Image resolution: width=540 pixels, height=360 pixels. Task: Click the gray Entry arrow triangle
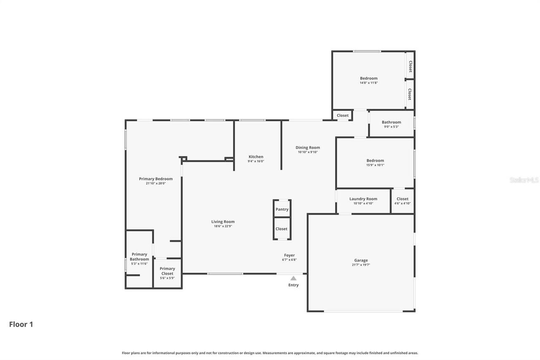(x=293, y=278)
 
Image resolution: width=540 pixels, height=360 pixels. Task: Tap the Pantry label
(x=282, y=209)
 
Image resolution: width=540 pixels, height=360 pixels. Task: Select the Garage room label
(x=361, y=260)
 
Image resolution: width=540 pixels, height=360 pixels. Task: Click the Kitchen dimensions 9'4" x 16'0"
(x=256, y=161)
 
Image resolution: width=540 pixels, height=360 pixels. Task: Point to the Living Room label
(x=223, y=222)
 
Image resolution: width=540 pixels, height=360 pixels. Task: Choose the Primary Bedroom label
(x=156, y=179)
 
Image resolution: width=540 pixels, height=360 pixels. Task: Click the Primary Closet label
(x=167, y=271)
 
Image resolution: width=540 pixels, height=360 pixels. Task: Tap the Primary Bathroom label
(x=139, y=257)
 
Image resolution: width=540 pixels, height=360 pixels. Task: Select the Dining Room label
(x=308, y=148)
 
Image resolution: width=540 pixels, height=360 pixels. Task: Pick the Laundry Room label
(x=363, y=199)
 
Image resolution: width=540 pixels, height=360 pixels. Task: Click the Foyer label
(x=289, y=255)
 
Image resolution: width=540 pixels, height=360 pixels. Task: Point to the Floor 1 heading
(x=21, y=325)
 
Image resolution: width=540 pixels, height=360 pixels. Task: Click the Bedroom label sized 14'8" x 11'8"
(x=369, y=78)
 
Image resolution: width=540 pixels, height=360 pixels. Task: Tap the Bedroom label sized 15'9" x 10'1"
(x=375, y=160)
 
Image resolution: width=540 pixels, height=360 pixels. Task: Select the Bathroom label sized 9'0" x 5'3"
(x=391, y=122)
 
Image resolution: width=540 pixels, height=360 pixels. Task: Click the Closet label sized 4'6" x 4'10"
(x=402, y=199)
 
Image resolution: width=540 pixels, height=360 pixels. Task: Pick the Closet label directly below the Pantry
(x=281, y=229)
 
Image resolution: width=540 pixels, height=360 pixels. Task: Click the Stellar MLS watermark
(x=524, y=180)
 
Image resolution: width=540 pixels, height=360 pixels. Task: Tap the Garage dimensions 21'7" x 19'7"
(x=361, y=265)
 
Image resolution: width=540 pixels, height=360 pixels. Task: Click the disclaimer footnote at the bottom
(x=270, y=353)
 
